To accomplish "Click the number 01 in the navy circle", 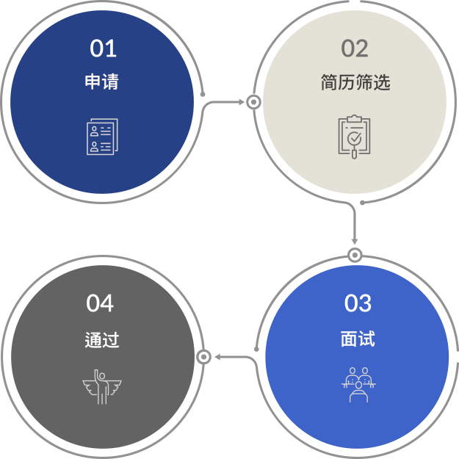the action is click(103, 48).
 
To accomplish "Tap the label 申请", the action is click(101, 82).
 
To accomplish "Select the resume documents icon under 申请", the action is click(103, 137).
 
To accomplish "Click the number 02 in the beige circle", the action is click(355, 48).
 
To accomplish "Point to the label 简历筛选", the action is click(355, 82).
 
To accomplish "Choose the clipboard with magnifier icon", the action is click(354, 137).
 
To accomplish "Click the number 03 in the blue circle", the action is click(358, 303).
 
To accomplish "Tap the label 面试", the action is click(358, 339).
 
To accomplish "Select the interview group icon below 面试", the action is click(358, 385).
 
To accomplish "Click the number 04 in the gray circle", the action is click(100, 303).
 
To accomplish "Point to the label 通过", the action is click(102, 340).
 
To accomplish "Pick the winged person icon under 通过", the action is click(102, 387).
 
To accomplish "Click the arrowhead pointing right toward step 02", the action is click(242, 102).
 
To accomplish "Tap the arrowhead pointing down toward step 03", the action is click(355, 242).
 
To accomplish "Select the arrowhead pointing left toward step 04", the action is click(217, 357).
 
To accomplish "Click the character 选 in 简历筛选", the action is click(382, 82).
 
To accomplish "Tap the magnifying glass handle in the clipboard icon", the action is click(354, 154).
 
